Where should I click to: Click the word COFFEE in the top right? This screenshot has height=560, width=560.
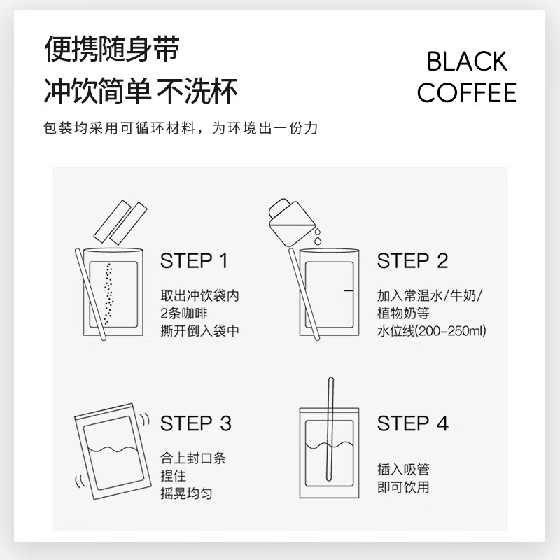[467, 93]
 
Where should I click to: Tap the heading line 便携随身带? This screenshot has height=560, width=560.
[112, 50]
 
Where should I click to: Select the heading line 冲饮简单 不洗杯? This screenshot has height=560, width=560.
[141, 90]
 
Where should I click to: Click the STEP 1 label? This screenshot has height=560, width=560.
[194, 262]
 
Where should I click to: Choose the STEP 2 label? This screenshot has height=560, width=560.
[412, 262]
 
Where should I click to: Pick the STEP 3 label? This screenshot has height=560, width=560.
[195, 423]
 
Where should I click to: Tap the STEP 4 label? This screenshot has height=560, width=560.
[412, 423]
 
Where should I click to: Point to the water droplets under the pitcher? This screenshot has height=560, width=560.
[316, 236]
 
